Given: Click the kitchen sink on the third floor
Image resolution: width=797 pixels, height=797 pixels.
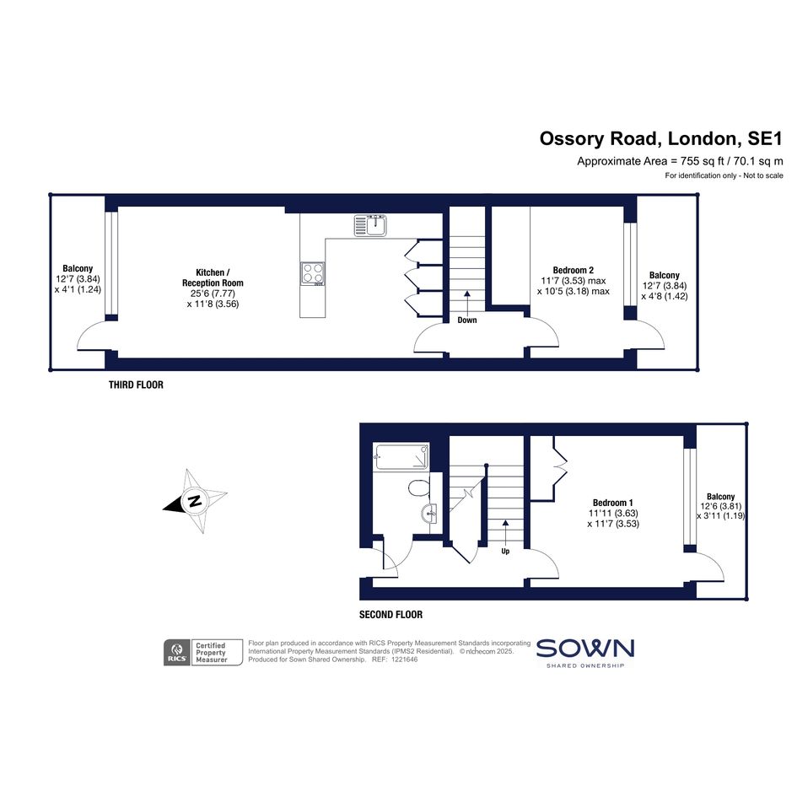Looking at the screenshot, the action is coord(370,226).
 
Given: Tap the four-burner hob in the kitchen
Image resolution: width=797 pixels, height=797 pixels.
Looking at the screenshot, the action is coord(313,274).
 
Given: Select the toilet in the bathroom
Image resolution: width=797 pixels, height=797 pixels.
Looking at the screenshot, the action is coord(418,488).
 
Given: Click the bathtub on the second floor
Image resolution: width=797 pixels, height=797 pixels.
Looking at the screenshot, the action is coord(401,456).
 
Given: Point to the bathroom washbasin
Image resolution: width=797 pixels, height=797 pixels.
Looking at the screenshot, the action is coord(429,514).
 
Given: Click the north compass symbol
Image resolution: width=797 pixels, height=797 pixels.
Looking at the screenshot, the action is coord(195,501).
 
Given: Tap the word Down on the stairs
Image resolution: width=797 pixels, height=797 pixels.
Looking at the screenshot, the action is coord(467,320).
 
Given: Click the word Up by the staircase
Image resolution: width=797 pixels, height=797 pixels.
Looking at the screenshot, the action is coord(505,551).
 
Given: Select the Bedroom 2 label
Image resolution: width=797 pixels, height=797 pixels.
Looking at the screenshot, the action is coord(574,271).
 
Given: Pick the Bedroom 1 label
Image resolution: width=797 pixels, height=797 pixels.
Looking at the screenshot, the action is coord(613,504).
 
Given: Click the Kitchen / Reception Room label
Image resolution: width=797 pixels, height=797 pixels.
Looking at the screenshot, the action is coord(213,277).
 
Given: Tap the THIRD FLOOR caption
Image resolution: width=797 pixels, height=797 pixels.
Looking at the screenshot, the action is coord(137,385).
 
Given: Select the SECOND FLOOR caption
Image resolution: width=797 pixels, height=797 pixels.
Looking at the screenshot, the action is coord(390,615).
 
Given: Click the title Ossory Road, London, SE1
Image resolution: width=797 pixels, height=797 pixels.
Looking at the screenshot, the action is coord(661,138).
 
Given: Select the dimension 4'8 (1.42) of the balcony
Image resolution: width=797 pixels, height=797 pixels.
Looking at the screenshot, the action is coord(665,296).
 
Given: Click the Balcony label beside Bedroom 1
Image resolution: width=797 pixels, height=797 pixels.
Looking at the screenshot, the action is coord(721,497).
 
